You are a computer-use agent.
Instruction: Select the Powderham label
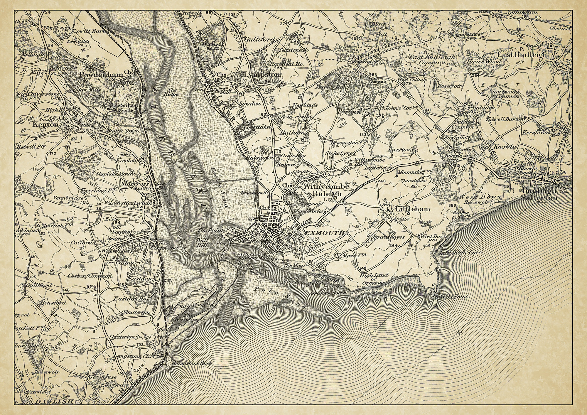[101, 75]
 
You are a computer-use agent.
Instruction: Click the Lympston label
[262, 75]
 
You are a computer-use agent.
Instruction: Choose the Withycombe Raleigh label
[322, 190]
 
